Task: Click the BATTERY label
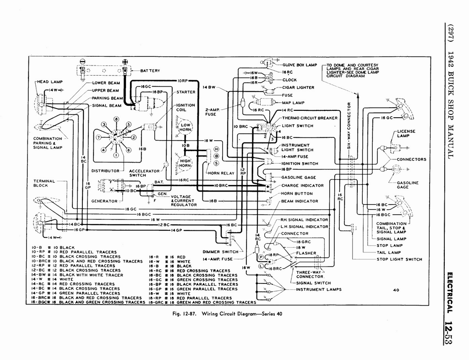click(x=150, y=71)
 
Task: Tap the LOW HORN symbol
click(x=185, y=127)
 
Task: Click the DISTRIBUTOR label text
click(x=105, y=171)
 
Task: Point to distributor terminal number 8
click(x=116, y=120)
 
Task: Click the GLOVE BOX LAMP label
click(x=300, y=65)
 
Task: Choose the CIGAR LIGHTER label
click(x=298, y=87)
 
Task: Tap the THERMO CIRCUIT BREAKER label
click(x=310, y=118)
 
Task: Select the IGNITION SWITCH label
click(x=300, y=164)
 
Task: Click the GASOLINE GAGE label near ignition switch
click(x=299, y=178)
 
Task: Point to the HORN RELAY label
click(x=221, y=173)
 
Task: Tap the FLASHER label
click(x=306, y=253)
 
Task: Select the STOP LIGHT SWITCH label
click(x=399, y=259)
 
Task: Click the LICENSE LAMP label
click(x=406, y=133)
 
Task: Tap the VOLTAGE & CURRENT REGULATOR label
click(x=184, y=201)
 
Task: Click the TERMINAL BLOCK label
click(x=44, y=183)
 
